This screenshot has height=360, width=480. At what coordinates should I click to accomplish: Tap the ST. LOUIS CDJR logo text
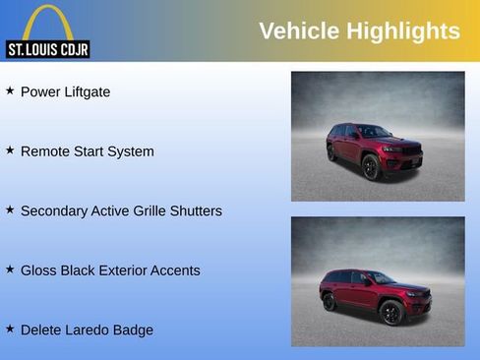(x=47, y=49)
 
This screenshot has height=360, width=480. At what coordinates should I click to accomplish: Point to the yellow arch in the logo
(x=47, y=22)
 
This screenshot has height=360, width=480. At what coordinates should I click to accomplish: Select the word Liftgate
(x=85, y=92)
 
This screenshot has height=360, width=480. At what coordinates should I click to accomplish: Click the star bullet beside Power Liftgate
(x=10, y=90)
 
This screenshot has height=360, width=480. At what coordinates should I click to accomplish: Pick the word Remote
(x=44, y=151)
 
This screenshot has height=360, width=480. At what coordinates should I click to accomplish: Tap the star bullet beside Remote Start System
(x=10, y=150)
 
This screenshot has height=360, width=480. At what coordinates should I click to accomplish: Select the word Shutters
(x=195, y=211)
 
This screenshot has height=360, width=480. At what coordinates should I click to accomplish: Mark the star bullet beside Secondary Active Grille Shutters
(x=10, y=210)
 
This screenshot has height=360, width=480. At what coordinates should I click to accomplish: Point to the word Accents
(x=174, y=270)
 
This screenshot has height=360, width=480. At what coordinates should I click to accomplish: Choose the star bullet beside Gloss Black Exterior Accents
(x=10, y=269)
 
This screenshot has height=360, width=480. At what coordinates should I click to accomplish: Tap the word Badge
(x=134, y=330)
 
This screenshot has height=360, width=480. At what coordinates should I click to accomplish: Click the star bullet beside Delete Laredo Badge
(x=10, y=329)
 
